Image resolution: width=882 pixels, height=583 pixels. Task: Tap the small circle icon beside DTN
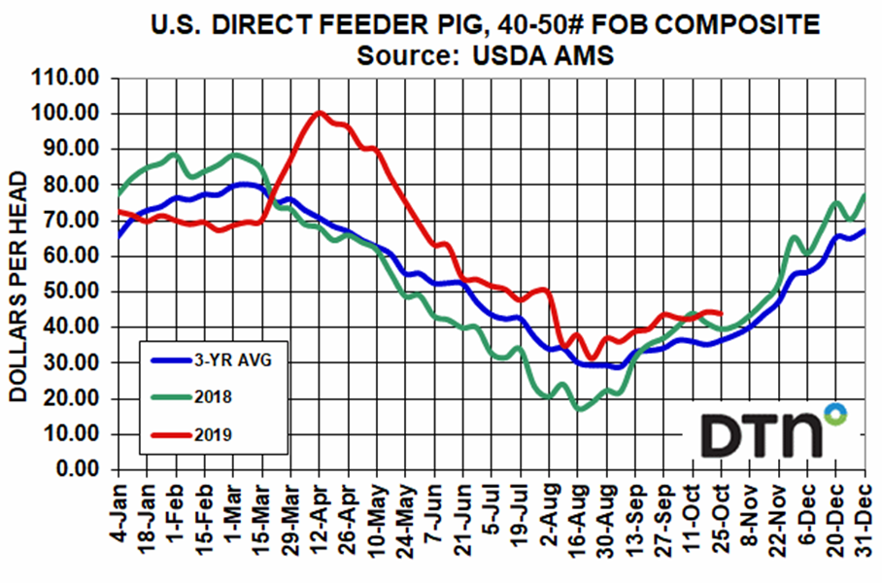pyautogui.click(x=832, y=413)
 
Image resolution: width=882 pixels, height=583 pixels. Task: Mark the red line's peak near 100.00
pyautogui.click(x=319, y=113)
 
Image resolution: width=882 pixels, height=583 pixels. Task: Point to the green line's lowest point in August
pyautogui.click(x=580, y=409)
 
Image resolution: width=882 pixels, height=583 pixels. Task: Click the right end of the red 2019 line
pyautogui.click(x=721, y=313)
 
